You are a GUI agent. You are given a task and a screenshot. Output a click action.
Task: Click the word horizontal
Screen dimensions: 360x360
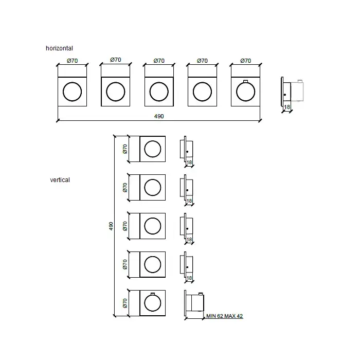[x=59, y=48]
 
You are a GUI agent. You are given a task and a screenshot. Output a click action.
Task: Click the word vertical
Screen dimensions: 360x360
[x=60, y=180]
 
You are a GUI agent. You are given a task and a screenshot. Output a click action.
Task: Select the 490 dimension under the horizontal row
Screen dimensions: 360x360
[x=159, y=116]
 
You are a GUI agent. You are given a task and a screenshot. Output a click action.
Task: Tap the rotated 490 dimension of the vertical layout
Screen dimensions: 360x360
[x=111, y=226]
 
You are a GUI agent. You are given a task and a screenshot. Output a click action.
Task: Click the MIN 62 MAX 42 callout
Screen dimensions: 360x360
[x=225, y=316]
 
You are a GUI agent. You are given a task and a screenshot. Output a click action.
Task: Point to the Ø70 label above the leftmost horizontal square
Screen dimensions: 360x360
[x=73, y=61]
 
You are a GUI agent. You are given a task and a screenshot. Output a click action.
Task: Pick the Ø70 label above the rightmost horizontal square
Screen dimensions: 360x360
[x=246, y=61]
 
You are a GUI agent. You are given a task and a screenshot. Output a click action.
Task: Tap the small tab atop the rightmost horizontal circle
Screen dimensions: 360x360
[x=246, y=81]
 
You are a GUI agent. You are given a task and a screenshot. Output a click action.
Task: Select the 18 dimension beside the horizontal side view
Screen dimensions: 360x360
[x=287, y=107]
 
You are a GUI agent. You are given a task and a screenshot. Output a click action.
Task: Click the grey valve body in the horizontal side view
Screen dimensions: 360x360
[x=297, y=92]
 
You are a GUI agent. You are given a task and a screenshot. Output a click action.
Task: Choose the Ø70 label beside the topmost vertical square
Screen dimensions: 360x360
[x=125, y=149]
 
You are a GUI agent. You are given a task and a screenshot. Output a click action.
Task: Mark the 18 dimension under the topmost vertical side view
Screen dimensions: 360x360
[x=189, y=163]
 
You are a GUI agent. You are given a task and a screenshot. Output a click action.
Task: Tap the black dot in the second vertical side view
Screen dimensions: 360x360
[x=187, y=190]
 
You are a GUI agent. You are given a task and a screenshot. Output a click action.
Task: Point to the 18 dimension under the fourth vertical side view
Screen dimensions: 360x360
[x=189, y=278]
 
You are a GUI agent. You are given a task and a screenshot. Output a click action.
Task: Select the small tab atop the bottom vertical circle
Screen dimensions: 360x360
[x=153, y=294]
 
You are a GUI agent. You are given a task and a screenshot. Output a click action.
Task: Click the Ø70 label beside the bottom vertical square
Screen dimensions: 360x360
[x=125, y=303]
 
